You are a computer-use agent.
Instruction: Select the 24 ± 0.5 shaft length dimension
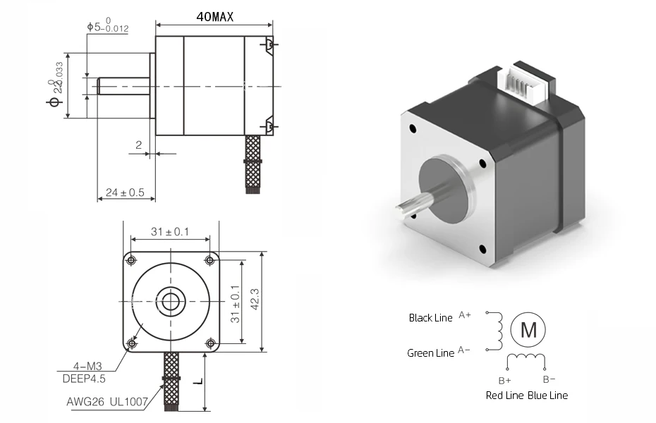pyautogui.click(x=126, y=192)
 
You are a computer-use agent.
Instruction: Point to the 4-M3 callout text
pyautogui.click(x=87, y=367)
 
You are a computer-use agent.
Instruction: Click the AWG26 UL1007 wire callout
pyautogui.click(x=108, y=402)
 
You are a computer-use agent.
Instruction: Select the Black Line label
pyautogui.click(x=430, y=318)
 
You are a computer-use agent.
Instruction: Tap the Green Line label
pyautogui.click(x=430, y=353)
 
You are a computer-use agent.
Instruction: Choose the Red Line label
pyautogui.click(x=504, y=396)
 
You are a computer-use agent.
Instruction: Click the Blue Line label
pyautogui.click(x=547, y=396)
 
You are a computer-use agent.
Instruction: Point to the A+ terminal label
pyautogui.click(x=465, y=314)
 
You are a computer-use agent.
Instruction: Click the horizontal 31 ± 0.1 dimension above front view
pyautogui.click(x=170, y=231)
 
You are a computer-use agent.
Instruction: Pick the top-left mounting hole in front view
pyautogui.click(x=131, y=260)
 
